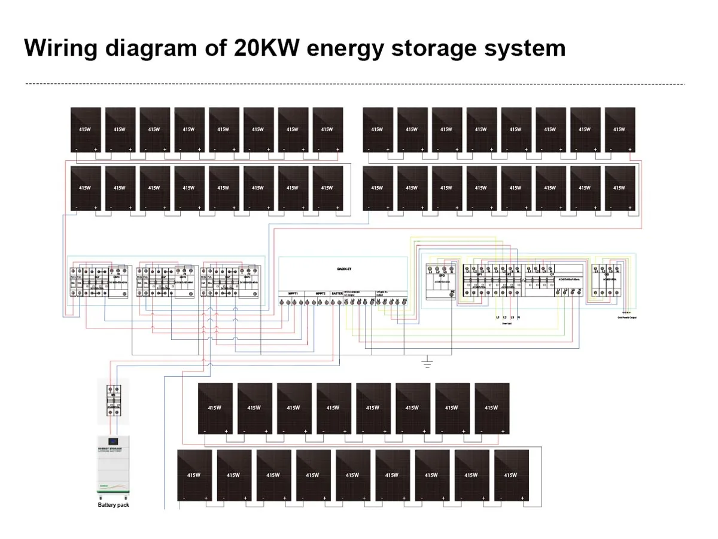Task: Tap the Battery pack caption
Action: (x=113, y=505)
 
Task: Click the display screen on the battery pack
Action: (x=114, y=444)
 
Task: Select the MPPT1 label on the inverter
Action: (x=293, y=294)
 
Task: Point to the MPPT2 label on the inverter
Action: (x=320, y=294)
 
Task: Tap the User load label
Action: (x=507, y=323)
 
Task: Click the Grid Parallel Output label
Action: (x=626, y=318)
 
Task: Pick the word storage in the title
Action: (x=436, y=47)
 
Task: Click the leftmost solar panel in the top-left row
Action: (x=86, y=129)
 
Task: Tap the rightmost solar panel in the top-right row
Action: (x=619, y=129)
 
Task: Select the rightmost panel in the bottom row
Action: (x=511, y=475)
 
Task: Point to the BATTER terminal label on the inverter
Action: (x=337, y=294)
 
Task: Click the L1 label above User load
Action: (x=497, y=316)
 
